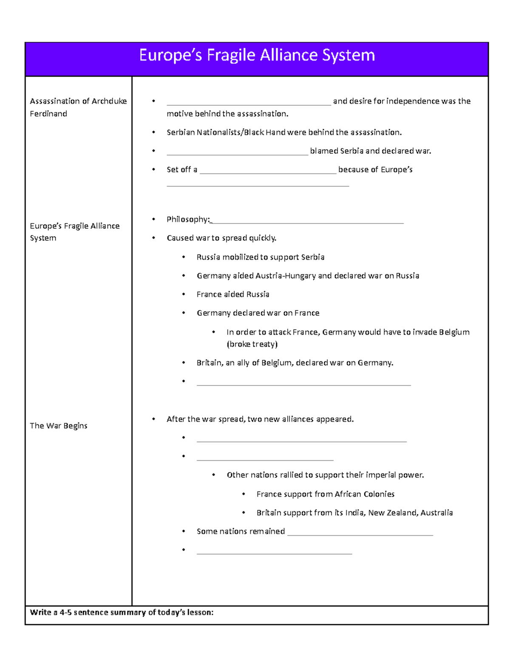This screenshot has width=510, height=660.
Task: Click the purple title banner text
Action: (257, 55)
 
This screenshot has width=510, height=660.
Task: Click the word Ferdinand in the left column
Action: (48, 114)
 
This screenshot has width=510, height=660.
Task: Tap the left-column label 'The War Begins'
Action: (59, 426)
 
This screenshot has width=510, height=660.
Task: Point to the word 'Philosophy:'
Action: (188, 220)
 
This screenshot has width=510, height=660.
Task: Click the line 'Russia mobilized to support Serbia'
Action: (260, 257)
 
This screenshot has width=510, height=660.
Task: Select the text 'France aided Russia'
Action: (232, 295)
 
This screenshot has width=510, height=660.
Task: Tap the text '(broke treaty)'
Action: (252, 344)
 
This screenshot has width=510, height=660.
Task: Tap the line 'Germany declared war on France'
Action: (258, 313)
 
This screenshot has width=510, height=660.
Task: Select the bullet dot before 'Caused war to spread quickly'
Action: (153, 238)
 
